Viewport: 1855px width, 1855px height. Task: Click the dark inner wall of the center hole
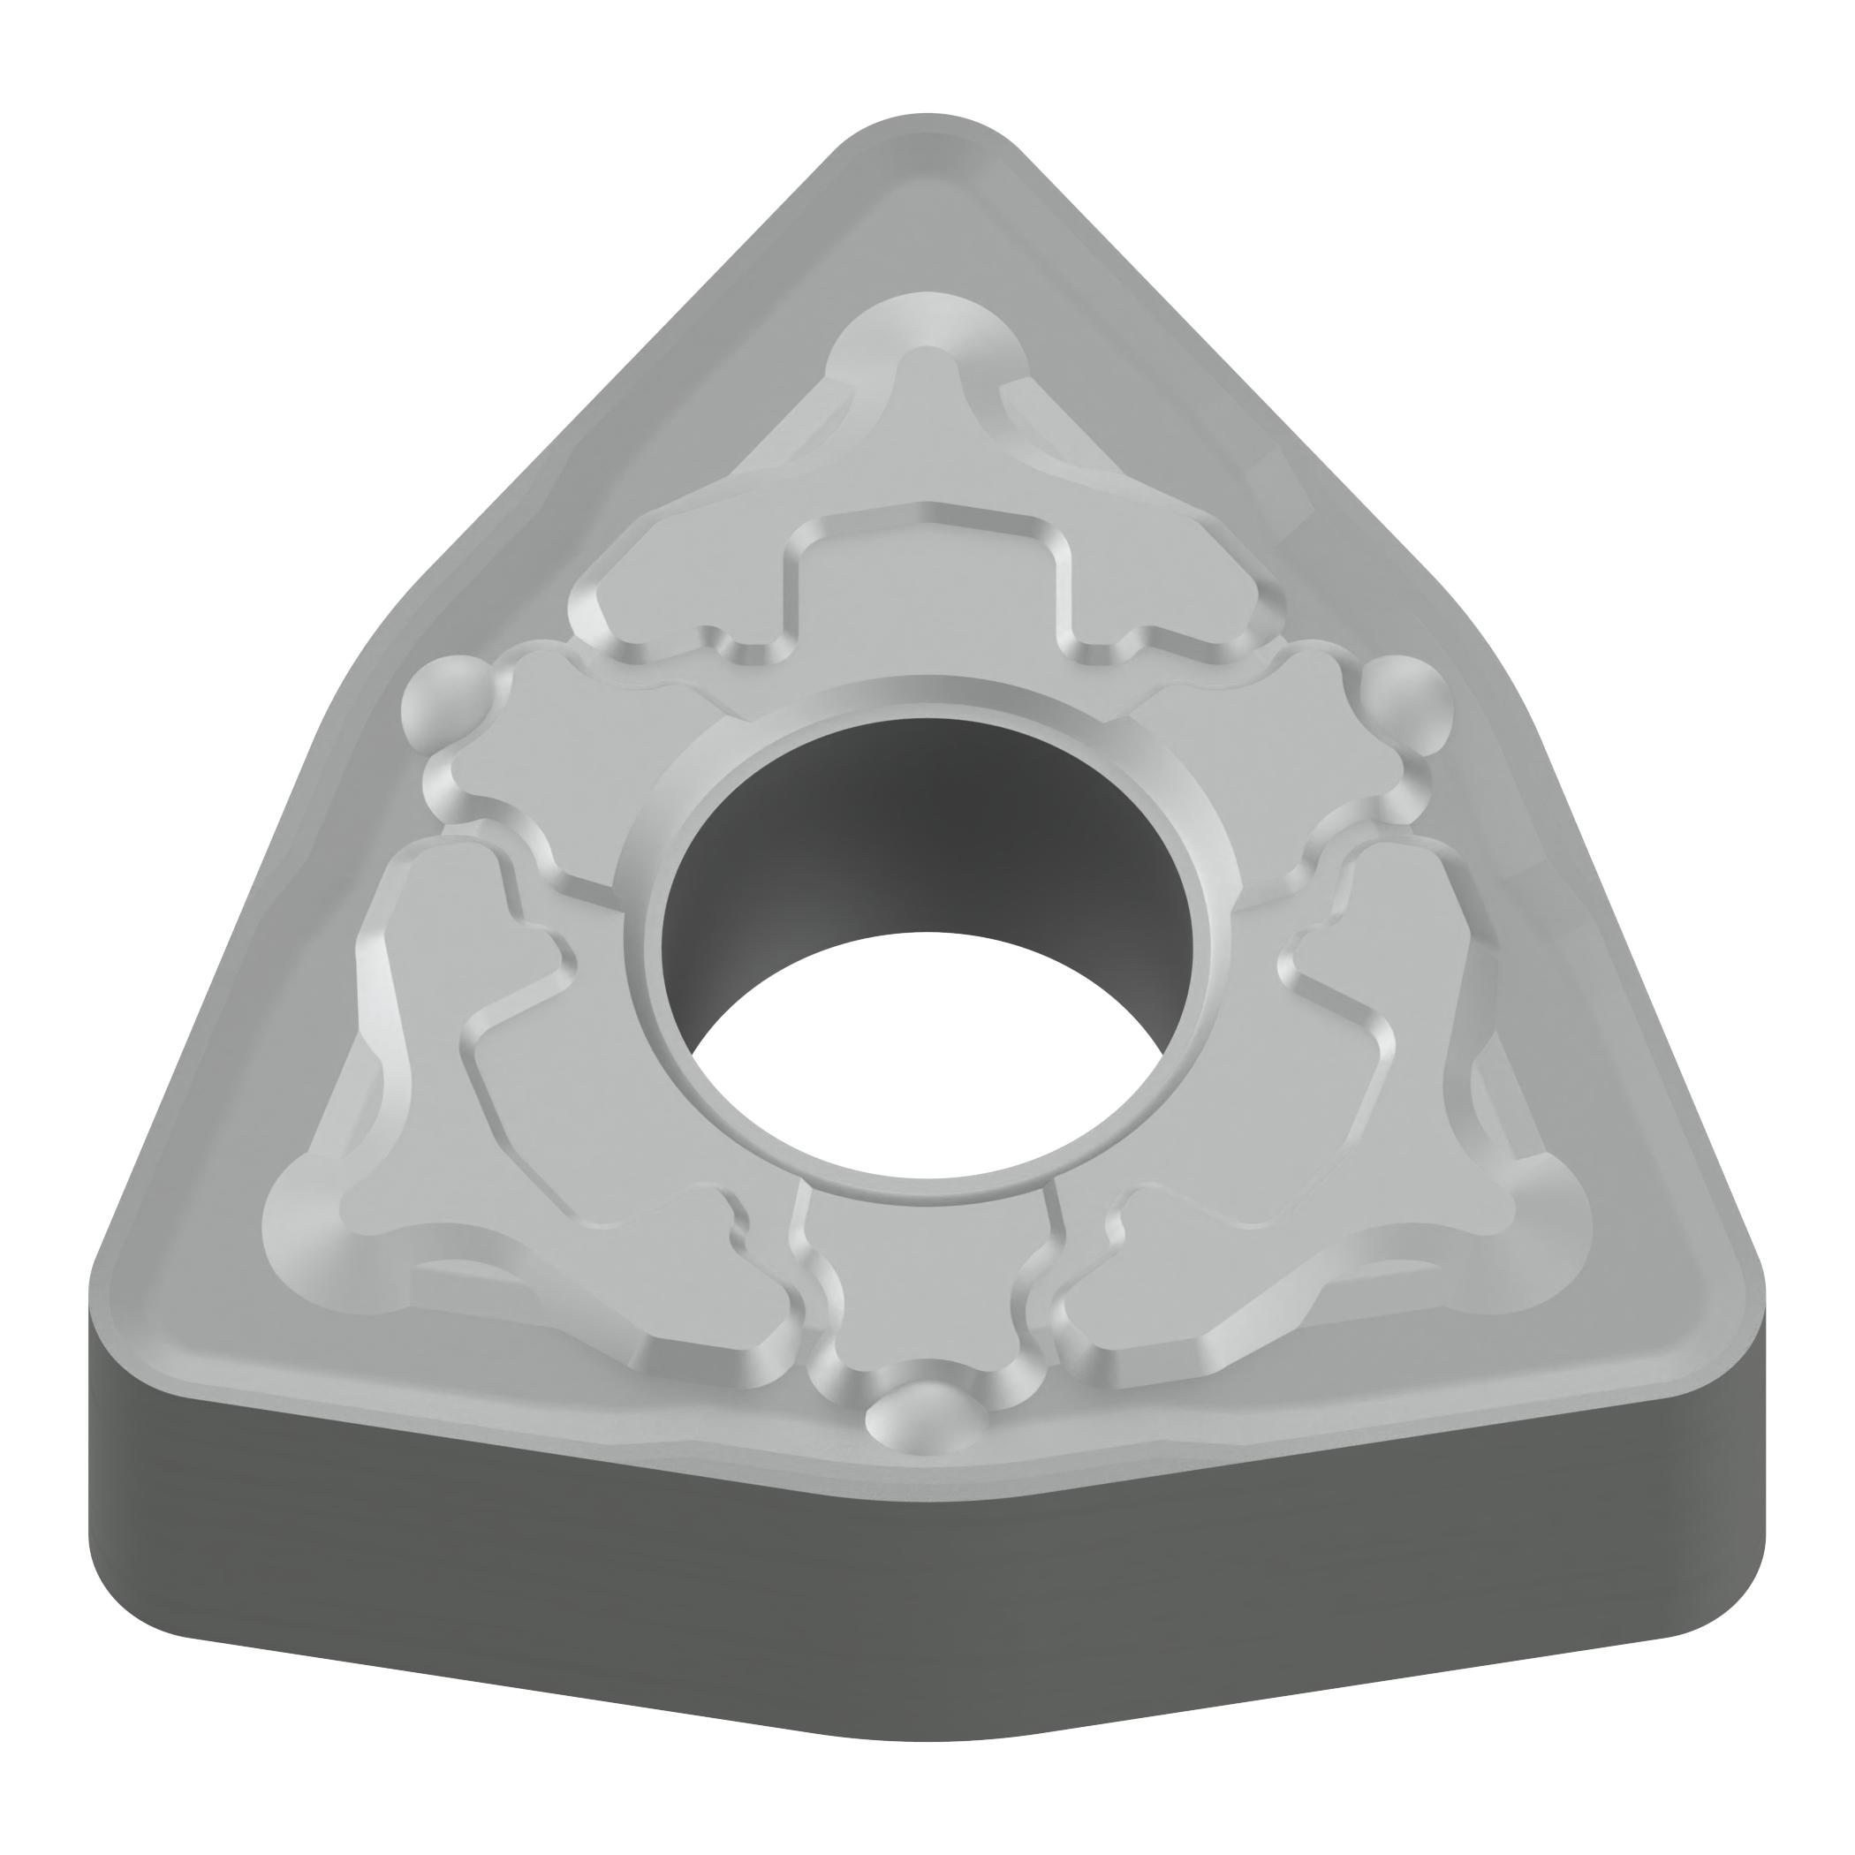(921, 826)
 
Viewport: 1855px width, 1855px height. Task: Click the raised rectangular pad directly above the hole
(927, 586)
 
